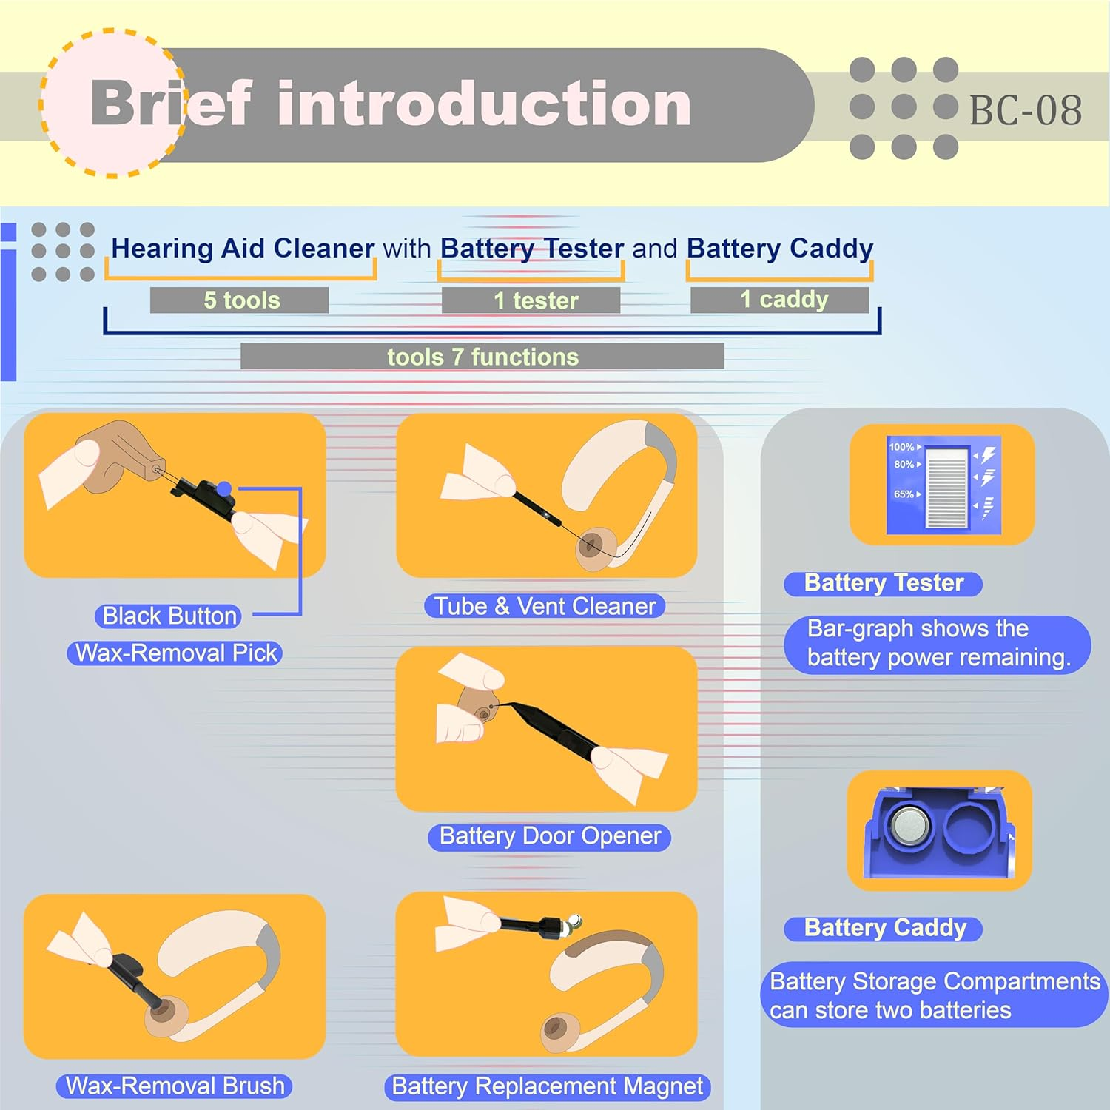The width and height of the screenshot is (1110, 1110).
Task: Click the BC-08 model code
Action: (x=1025, y=110)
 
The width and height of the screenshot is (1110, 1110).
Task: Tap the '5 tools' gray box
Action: (x=239, y=300)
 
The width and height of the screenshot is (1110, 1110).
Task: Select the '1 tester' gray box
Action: (x=531, y=300)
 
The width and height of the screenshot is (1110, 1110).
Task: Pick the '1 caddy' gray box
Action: (x=779, y=299)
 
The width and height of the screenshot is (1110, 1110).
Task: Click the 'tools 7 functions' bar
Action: (x=482, y=356)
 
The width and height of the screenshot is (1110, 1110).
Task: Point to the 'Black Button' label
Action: (x=169, y=616)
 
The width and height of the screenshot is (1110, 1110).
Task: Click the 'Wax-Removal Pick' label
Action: (x=175, y=653)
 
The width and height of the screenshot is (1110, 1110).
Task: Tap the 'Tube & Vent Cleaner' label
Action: (x=545, y=606)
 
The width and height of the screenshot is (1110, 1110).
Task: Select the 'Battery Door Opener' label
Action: (x=550, y=836)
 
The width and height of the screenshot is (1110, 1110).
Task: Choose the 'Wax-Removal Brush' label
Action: (x=175, y=1086)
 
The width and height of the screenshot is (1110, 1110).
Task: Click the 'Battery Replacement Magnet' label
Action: (x=548, y=1086)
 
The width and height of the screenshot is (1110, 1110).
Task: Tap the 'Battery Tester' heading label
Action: (x=884, y=583)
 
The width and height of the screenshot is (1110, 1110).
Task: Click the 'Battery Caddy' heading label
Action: (x=884, y=928)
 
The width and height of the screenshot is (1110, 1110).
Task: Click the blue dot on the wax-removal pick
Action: (x=224, y=488)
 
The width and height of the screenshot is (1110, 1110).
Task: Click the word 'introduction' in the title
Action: (x=485, y=104)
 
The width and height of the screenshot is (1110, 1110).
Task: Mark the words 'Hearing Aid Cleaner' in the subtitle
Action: (x=243, y=248)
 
